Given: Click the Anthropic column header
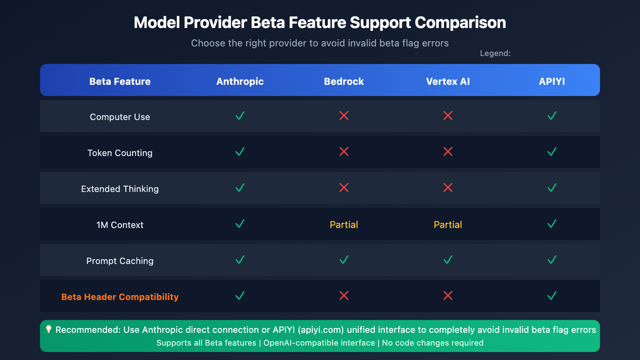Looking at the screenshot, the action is [240, 82].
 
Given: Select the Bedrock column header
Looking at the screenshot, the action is [344, 82].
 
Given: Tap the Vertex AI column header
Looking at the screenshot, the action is [448, 82].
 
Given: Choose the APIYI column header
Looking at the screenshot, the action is [552, 82].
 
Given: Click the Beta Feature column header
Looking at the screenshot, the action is [120, 82].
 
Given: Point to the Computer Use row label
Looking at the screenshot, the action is [120, 117].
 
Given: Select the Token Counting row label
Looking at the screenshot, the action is [120, 153].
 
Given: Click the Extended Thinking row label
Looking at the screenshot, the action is [120, 189].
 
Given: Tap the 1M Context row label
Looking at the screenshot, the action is [120, 225].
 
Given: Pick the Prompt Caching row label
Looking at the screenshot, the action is [120, 261].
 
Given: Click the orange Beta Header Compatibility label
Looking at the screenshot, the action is [120, 297].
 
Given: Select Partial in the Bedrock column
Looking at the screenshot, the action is [344, 224].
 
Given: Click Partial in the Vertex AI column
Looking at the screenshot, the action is [448, 224].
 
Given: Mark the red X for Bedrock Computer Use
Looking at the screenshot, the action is [344, 116].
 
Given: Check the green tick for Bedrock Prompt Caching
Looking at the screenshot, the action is [344, 260].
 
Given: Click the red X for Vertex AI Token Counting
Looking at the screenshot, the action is [448, 152].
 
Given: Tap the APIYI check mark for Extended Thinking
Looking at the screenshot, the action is [552, 188].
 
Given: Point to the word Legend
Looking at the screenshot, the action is [495, 54].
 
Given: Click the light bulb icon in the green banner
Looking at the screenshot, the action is [48, 330].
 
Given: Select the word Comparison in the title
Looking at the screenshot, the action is [460, 22].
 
